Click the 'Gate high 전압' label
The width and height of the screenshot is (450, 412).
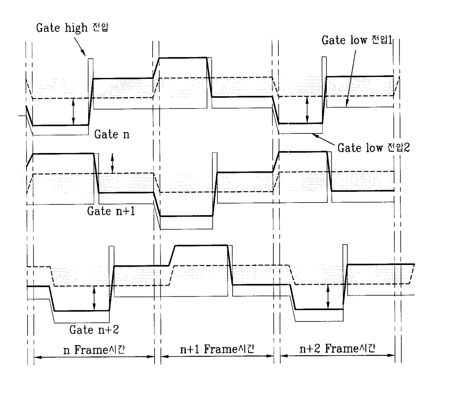[72, 28]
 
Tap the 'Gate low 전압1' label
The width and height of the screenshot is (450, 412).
[357, 40]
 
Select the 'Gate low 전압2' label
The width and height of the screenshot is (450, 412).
[373, 148]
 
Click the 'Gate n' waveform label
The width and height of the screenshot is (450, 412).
[112, 134]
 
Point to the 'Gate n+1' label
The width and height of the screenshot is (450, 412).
[111, 211]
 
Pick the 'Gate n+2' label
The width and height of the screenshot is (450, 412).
[94, 330]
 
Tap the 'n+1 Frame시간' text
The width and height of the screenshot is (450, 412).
[217, 349]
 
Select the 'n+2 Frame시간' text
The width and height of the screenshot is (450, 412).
[337, 349]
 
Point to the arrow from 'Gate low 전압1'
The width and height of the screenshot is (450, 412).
[351, 78]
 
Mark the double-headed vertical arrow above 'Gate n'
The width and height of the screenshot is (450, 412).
[73, 112]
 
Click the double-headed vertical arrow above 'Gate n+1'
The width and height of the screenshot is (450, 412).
[112, 163]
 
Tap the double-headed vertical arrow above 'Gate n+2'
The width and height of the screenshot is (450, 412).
[94, 298]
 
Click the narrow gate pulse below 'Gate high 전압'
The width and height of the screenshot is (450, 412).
[90, 83]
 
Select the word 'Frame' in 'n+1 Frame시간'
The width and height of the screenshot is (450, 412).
[220, 349]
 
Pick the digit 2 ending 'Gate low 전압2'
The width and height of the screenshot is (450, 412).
[406, 148]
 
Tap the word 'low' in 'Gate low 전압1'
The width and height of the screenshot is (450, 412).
[359, 40]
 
